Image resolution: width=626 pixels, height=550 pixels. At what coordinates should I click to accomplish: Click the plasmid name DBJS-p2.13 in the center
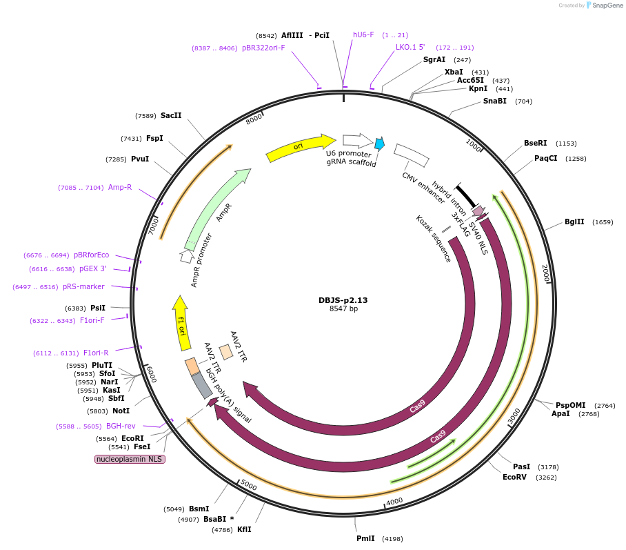click(343, 300)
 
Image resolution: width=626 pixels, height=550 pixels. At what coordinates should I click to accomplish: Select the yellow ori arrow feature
click(301, 147)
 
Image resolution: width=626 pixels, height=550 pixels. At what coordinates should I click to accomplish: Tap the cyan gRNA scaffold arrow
click(379, 144)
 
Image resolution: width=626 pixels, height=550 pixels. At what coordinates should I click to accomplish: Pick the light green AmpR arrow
click(219, 207)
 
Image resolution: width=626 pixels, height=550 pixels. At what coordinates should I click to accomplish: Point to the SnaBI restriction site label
click(494, 101)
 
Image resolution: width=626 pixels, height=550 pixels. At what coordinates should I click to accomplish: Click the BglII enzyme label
click(574, 222)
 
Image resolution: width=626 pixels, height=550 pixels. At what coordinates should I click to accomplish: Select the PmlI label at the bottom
click(365, 538)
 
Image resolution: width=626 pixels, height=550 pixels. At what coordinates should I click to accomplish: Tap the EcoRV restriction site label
click(514, 477)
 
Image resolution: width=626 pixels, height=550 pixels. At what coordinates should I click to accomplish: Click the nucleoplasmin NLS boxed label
click(130, 459)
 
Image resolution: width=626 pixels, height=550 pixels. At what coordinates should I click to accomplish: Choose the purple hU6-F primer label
click(363, 35)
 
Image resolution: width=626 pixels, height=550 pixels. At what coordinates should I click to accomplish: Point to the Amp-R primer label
click(119, 187)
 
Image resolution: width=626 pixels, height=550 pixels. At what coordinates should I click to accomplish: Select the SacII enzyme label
click(171, 115)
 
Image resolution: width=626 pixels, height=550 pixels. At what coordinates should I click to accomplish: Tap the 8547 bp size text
click(343, 309)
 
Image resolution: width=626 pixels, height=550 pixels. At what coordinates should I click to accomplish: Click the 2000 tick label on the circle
click(545, 273)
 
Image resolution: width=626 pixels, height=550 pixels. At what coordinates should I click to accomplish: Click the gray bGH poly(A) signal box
click(201, 385)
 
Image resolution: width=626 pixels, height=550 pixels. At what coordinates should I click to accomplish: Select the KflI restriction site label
click(244, 530)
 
